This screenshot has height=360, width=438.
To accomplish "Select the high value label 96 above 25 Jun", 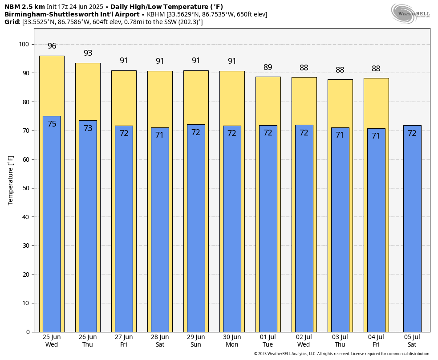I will [x=52, y=46].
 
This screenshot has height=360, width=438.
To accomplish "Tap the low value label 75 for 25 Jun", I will [x=52, y=124].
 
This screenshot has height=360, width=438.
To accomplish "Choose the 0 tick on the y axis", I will [x=28, y=332].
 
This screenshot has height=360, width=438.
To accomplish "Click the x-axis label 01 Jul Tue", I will [x=268, y=341].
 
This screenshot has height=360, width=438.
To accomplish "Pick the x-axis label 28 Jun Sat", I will [x=160, y=341].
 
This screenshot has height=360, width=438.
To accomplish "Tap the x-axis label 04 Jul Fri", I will [x=376, y=341].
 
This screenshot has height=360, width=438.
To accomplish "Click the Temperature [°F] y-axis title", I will [x=11, y=180].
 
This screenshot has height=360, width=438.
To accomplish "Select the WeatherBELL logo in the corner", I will [x=410, y=13].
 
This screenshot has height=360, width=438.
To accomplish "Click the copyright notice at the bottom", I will [x=342, y=354].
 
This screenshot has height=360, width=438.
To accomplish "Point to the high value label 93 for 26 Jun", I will [x=88, y=53].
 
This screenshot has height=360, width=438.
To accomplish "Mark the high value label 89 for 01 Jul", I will [x=268, y=68].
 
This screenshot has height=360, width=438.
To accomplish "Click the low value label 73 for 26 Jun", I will [x=88, y=128].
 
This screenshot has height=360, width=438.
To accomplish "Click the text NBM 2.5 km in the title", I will [x=24, y=7].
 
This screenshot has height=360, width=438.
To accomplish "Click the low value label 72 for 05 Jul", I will [x=412, y=133].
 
